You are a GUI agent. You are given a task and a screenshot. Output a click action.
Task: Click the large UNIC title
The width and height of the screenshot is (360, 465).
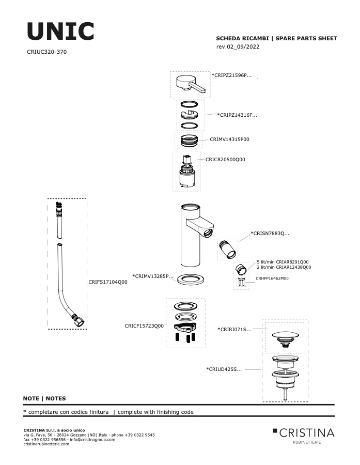60,31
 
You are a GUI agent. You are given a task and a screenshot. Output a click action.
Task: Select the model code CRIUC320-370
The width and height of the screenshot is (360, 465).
47,52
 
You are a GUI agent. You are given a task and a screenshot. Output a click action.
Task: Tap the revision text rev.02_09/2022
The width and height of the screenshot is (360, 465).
238,47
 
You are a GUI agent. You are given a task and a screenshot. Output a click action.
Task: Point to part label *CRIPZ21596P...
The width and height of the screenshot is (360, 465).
231,75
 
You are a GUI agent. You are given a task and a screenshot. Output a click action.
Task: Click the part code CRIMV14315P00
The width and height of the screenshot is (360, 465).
229,139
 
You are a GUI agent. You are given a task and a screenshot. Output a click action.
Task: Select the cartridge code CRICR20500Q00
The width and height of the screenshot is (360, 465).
225,160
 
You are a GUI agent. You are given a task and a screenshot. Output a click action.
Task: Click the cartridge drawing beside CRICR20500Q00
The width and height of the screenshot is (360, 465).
187,171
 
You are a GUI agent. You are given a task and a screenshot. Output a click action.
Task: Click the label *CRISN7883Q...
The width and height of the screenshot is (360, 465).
270,234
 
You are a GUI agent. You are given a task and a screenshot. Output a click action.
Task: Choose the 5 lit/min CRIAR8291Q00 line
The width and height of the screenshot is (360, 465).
283,262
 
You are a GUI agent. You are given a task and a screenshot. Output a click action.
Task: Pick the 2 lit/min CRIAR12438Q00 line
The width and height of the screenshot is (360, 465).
284,267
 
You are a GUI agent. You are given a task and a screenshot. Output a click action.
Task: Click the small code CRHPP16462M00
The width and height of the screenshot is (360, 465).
272,278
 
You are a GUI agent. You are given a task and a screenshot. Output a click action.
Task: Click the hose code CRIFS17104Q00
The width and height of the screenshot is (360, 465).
108,282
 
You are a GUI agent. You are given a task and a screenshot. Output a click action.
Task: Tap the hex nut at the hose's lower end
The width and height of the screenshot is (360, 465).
79,321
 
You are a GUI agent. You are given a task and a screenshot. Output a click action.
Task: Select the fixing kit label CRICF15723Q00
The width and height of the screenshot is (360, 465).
144,326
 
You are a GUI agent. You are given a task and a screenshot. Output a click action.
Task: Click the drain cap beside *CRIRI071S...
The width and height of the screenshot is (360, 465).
285,338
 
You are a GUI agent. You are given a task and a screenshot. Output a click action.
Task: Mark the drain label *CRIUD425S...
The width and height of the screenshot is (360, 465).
224,369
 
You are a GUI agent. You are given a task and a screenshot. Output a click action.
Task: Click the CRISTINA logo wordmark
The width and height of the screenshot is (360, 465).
307,433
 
